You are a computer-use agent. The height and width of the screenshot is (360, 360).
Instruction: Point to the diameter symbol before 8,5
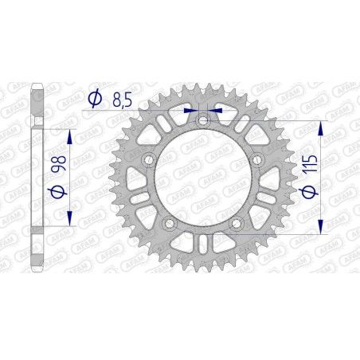(95, 99)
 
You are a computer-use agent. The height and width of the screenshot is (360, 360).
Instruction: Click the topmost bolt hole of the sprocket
(202, 120)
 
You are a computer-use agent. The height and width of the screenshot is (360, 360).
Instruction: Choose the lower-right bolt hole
(236, 225)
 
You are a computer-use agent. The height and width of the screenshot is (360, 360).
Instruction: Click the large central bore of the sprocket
(202, 180)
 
